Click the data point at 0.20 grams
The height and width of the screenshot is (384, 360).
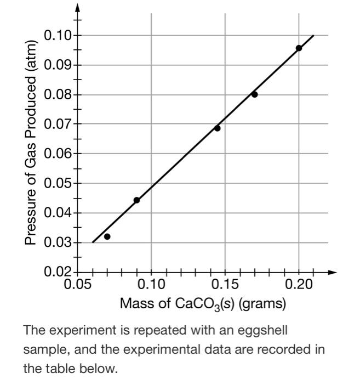coord(299,48)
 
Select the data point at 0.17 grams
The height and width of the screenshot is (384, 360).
coord(254,94)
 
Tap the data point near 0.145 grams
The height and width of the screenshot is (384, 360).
coord(217,128)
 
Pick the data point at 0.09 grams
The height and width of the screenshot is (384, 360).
coord(136,200)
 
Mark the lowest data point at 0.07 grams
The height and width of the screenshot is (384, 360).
coord(107,236)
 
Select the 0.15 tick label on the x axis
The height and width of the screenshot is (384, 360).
coord(225,286)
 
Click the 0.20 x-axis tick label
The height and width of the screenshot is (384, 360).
coord(299,286)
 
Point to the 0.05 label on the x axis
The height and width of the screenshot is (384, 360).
coord(78,286)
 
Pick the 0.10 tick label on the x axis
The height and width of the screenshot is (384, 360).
coord(151,286)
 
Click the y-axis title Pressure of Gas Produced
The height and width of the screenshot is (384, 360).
coord(32,143)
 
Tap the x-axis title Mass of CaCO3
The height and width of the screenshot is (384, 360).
coord(203,303)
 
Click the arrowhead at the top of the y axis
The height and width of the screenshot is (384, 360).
coord(78,7)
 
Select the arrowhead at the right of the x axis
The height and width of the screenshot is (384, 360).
coord(332,272)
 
